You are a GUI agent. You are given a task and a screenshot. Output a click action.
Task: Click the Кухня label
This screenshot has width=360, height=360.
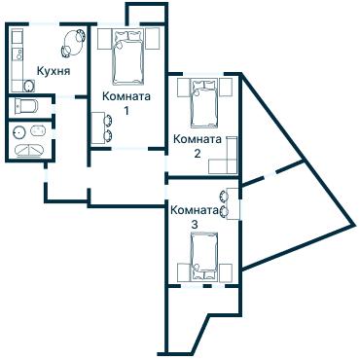coord(54,71)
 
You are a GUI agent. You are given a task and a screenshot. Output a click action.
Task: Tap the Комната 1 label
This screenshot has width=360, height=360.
coord(126,103)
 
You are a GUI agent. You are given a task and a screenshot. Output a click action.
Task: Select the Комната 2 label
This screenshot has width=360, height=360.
coord(198,146)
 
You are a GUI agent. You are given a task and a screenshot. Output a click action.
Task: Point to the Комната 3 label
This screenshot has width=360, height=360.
coord(195,217)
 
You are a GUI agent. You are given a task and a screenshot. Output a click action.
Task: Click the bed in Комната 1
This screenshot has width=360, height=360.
coord(128,56)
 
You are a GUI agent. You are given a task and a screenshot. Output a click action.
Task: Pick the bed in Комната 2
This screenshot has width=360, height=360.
coord(203,103)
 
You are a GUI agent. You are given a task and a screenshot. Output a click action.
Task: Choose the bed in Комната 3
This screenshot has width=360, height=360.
coord(203,256)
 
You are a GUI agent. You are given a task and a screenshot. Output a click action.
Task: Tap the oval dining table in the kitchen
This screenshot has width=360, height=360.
coord(74,42)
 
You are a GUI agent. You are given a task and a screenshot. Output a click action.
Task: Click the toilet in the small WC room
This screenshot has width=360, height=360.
coord(26,106)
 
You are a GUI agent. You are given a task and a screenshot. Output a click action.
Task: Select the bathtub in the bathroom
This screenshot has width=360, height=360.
coord(29,151)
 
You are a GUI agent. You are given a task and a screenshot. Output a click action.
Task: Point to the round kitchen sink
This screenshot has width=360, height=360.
coord(29,86)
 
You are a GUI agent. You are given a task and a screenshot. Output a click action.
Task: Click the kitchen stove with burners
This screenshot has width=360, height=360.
coord(18,54)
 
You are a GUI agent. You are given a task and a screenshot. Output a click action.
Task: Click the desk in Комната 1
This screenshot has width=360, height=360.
coord(98,127)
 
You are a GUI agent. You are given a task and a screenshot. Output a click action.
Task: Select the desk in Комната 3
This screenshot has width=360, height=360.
coord(233,203)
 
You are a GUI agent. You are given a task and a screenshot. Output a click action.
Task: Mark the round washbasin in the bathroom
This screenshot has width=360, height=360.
coord(19,132)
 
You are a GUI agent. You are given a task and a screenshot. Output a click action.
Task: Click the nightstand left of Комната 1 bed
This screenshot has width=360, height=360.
coord(104,39)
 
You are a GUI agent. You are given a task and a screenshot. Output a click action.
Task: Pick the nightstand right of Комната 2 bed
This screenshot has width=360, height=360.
coord(226,88)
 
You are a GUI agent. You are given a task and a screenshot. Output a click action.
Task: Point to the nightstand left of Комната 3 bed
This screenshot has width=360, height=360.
coord(184,272)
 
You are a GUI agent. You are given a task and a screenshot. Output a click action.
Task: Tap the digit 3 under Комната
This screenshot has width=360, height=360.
coord(195,225)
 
